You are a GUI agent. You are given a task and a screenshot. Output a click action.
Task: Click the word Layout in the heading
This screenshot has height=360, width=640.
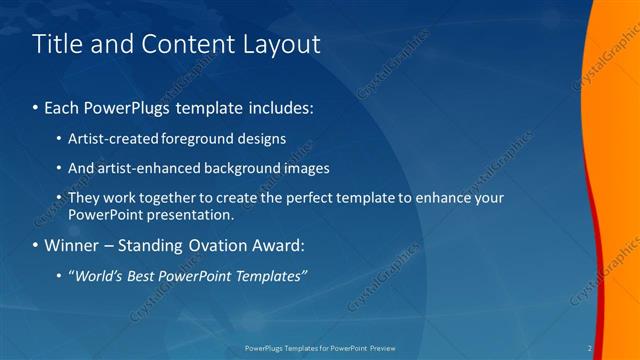(x=282, y=44)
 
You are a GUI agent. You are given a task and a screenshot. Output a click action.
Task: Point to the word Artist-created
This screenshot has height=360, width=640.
(x=108, y=139)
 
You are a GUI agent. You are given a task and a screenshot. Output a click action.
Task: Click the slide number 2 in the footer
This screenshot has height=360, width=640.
(x=590, y=348)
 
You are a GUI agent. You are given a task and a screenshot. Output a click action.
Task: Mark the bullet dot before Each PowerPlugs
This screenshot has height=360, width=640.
(x=37, y=107)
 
